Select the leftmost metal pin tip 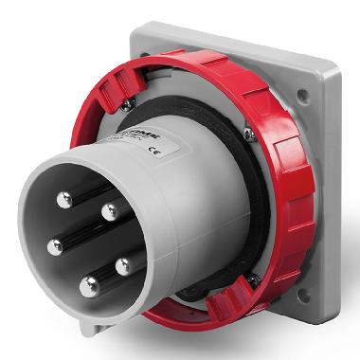coord(53,239)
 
